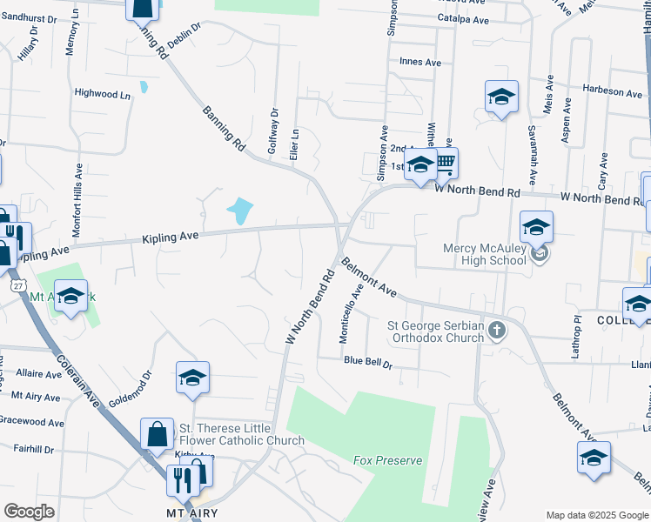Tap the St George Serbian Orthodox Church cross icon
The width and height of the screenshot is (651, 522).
click(x=497, y=330)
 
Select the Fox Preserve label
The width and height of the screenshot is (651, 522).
click(x=387, y=460)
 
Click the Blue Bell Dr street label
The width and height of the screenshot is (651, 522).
click(x=368, y=361)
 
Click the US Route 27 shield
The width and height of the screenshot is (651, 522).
click(x=18, y=285)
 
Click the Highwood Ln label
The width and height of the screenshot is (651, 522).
click(x=102, y=93)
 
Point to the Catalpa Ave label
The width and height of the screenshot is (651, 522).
click(x=463, y=18)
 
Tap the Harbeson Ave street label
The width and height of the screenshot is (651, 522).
click(x=613, y=91)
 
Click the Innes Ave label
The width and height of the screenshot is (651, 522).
click(x=420, y=63)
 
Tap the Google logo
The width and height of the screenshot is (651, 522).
click(x=29, y=512)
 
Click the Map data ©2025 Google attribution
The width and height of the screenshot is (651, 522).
click(x=596, y=515)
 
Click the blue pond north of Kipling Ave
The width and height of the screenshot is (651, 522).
click(x=240, y=210)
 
